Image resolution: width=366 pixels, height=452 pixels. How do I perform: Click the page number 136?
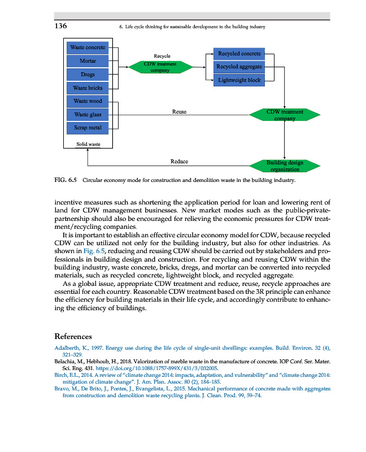[x=61, y=27]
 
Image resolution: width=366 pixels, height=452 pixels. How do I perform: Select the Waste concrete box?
[x=88, y=47]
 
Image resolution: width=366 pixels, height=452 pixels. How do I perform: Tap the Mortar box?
[x=88, y=60]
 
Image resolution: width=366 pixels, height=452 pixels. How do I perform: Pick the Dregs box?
[x=88, y=75]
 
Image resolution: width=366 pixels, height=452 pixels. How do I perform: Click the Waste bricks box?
[x=88, y=88]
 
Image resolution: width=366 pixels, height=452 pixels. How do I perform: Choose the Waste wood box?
[x=88, y=102]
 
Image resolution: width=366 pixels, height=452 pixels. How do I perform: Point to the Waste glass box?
[x=88, y=115]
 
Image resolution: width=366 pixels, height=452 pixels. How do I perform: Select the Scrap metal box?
[x=88, y=128]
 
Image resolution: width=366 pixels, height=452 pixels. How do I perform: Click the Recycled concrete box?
[x=239, y=54]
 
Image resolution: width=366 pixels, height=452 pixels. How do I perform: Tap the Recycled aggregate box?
[x=239, y=67]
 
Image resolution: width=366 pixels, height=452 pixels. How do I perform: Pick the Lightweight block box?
[x=239, y=80]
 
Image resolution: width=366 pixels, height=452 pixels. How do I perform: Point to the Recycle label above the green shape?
[x=162, y=56]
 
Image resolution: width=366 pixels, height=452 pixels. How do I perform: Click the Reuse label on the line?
[x=179, y=112]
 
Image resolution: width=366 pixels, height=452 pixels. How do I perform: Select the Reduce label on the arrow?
[x=179, y=162]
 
